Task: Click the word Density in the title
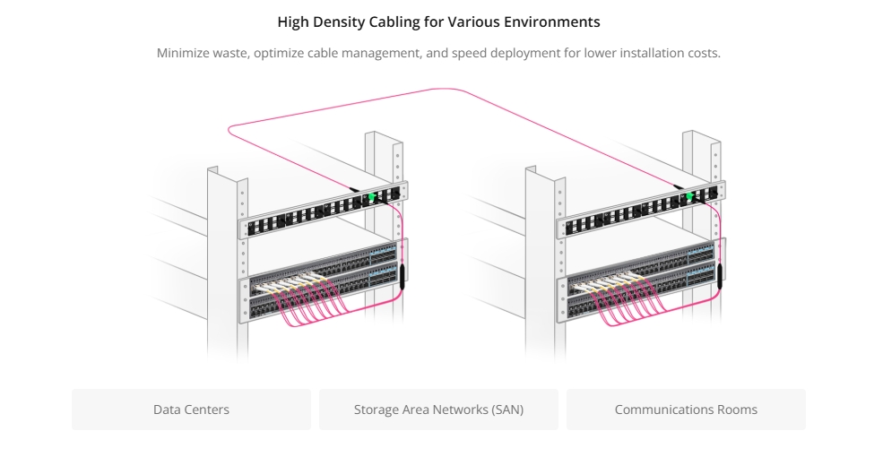337,22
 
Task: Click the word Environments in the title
552,22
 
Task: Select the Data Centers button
192,410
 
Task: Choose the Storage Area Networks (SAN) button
438,410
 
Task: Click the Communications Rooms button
686,410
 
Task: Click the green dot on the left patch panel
371,196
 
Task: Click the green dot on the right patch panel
689,196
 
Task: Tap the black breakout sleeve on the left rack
403,278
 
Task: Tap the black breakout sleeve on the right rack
720,277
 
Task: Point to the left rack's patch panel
324,210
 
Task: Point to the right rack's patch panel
642,210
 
